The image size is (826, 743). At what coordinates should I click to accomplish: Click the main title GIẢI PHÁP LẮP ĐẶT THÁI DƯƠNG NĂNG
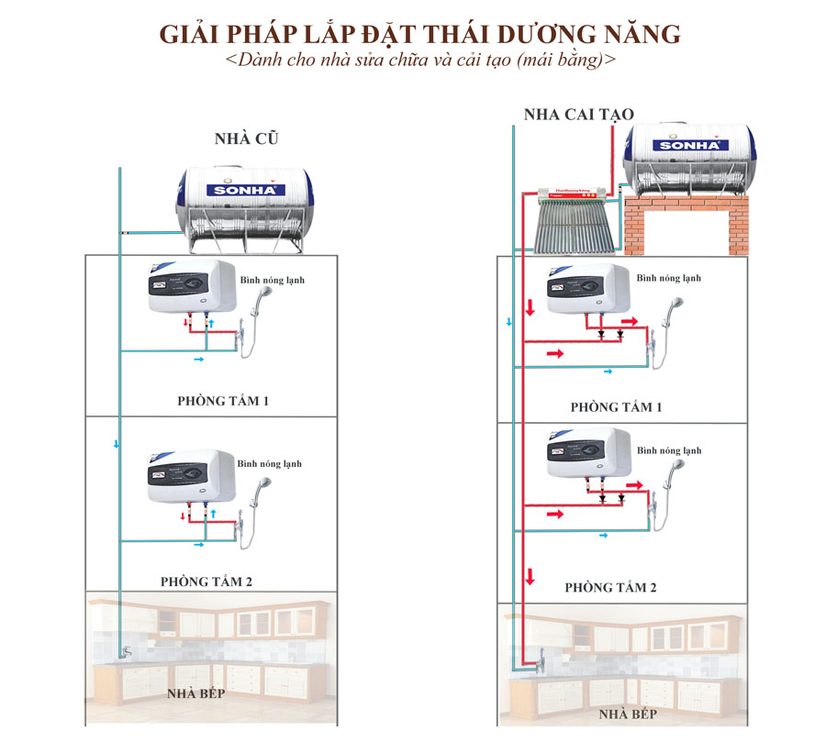(420, 35)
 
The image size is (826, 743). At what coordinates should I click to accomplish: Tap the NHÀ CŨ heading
(246, 139)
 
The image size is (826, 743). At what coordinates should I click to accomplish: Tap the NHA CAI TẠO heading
(578, 115)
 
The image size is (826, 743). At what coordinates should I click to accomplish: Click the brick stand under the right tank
(687, 224)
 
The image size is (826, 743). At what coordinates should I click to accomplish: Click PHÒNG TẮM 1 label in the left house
(223, 402)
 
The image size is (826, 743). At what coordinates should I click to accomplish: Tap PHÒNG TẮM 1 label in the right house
(615, 407)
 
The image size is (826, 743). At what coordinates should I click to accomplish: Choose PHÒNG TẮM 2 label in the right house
(610, 588)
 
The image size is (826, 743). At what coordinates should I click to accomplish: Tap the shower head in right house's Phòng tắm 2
(674, 469)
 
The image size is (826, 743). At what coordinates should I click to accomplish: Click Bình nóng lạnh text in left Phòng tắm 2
(269, 464)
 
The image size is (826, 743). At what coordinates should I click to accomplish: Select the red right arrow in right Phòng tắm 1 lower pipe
(556, 353)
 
